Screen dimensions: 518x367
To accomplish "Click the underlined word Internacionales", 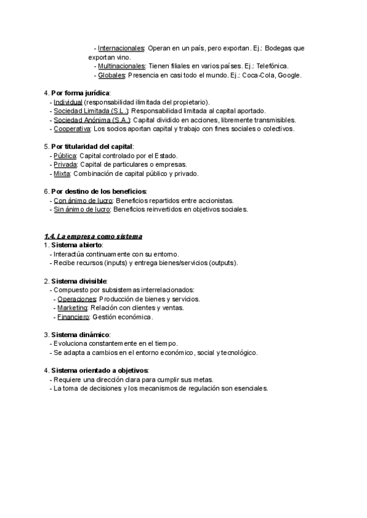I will (121, 48).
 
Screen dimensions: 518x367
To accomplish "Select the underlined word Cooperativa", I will (72, 129).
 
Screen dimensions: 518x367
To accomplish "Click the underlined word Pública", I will (65, 156).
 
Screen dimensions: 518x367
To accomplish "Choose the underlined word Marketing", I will (72, 308).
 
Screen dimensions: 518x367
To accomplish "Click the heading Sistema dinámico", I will (80, 335).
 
